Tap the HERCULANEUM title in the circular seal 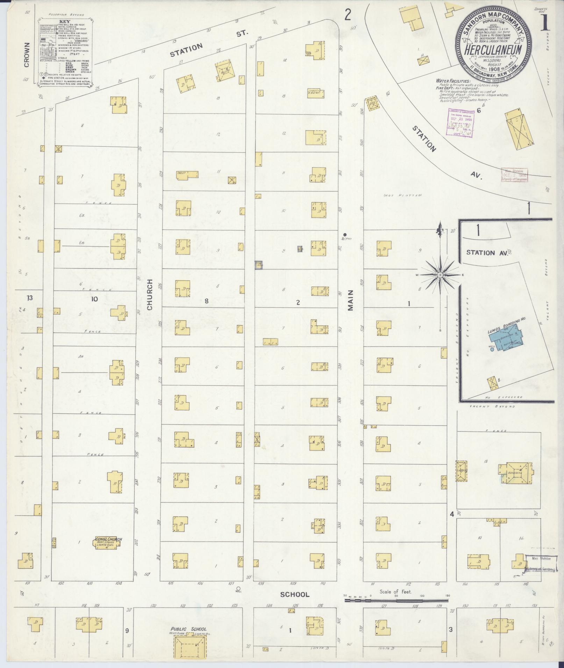tap(493, 50)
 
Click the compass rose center tap(440, 275)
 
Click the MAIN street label tap(350, 300)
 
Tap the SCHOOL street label tap(295, 594)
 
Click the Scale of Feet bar tap(396, 601)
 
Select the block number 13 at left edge tap(30, 298)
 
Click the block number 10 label tap(94, 299)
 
